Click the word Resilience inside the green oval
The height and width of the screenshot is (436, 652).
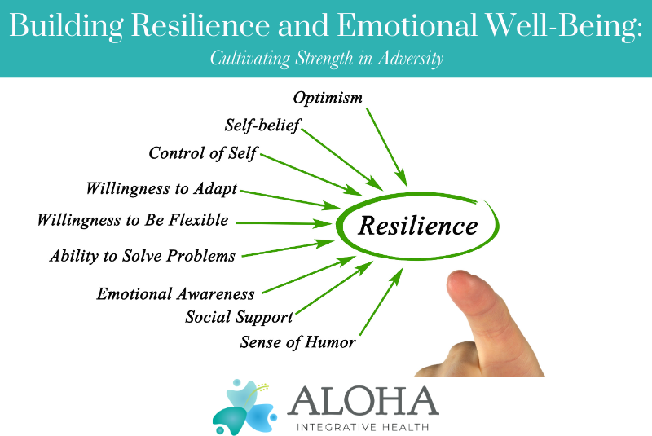pyautogui.click(x=418, y=225)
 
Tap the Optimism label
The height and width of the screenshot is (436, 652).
pyautogui.click(x=328, y=98)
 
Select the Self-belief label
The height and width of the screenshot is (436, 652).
pyautogui.click(x=262, y=126)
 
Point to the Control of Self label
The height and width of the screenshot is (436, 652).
pyautogui.click(x=203, y=153)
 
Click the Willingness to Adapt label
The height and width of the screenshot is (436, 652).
pyautogui.click(x=161, y=189)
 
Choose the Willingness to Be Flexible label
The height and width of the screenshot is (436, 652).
pyautogui.click(x=133, y=220)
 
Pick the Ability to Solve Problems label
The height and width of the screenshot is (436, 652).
pyautogui.click(x=142, y=256)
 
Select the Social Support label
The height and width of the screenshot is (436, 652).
pyautogui.click(x=239, y=316)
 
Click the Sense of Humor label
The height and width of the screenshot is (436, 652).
pyautogui.click(x=297, y=342)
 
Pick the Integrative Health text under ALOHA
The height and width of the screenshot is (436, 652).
pyautogui.click(x=363, y=425)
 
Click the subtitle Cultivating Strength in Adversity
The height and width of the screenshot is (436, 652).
pyautogui.click(x=326, y=59)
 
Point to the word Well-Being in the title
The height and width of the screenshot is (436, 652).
pyautogui.click(x=562, y=26)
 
